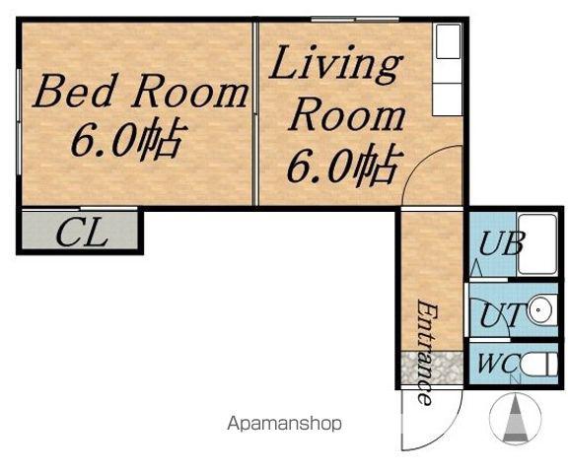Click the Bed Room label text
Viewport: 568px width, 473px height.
(141, 92)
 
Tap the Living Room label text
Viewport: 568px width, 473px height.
(337, 88)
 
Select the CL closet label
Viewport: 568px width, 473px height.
(82, 234)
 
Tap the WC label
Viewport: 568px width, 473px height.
(499, 363)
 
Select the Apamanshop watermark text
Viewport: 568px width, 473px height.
(284, 424)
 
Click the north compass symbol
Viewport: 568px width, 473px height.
(515, 419)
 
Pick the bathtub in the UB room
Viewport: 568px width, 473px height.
(537, 244)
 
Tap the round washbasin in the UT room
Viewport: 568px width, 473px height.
(538, 310)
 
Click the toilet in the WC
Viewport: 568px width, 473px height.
(539, 365)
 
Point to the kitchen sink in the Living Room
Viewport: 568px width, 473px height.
(448, 41)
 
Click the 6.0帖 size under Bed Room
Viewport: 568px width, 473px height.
(129, 140)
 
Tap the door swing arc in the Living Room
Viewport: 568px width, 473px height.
(416, 163)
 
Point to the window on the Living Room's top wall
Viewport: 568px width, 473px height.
(355, 20)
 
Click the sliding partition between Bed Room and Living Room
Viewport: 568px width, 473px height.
(255, 113)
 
